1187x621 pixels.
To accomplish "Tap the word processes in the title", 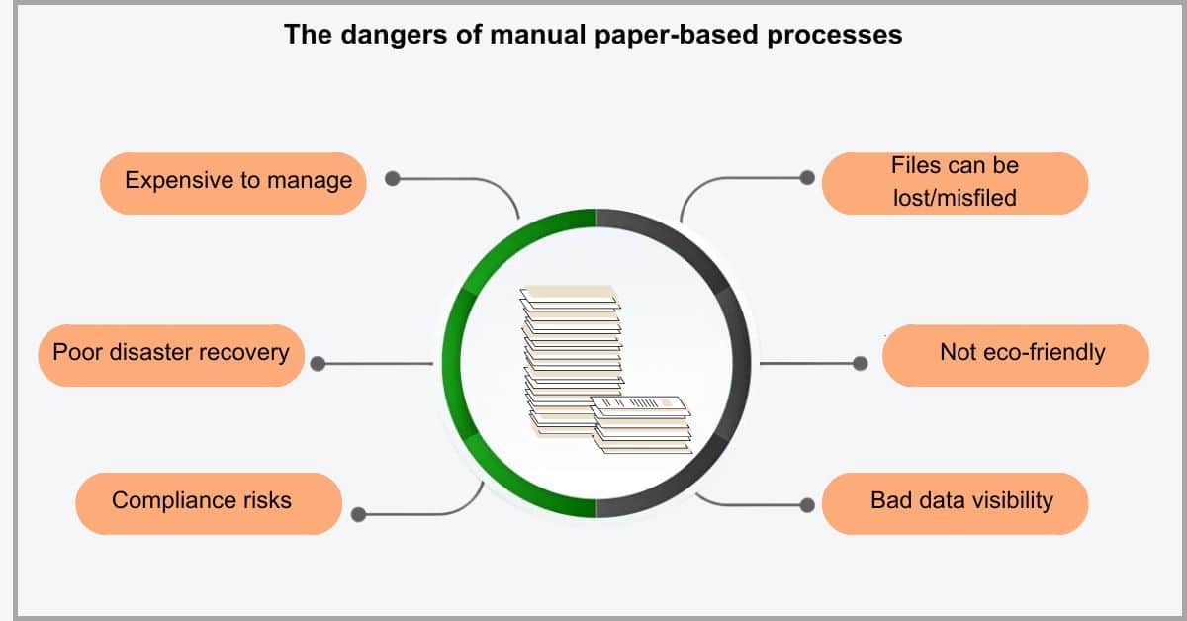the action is point(835,36).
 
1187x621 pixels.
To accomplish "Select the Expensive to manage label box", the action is point(233,183).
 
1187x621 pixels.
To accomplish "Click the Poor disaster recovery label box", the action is point(171,355).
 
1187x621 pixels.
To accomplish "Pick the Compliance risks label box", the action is point(209,503).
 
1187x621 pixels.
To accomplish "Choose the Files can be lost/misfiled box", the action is point(955,183).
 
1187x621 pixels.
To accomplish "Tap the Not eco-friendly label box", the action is point(1016,355).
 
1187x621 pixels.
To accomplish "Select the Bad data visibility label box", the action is point(955,503).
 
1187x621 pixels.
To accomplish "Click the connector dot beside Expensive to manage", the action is point(392,179).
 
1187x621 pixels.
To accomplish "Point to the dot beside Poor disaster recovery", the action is point(318,364).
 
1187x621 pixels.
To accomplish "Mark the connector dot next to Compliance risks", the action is point(359,514).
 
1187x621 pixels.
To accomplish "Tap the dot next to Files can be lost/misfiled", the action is point(807,178).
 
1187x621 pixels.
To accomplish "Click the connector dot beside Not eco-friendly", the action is point(861,363).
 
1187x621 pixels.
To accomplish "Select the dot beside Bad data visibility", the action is point(807,505).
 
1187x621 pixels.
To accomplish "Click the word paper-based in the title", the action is point(677,36).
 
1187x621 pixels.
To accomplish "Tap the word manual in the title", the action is point(538,35).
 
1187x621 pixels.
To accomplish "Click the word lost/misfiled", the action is point(955,198).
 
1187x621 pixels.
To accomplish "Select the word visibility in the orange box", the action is point(1003,501).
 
